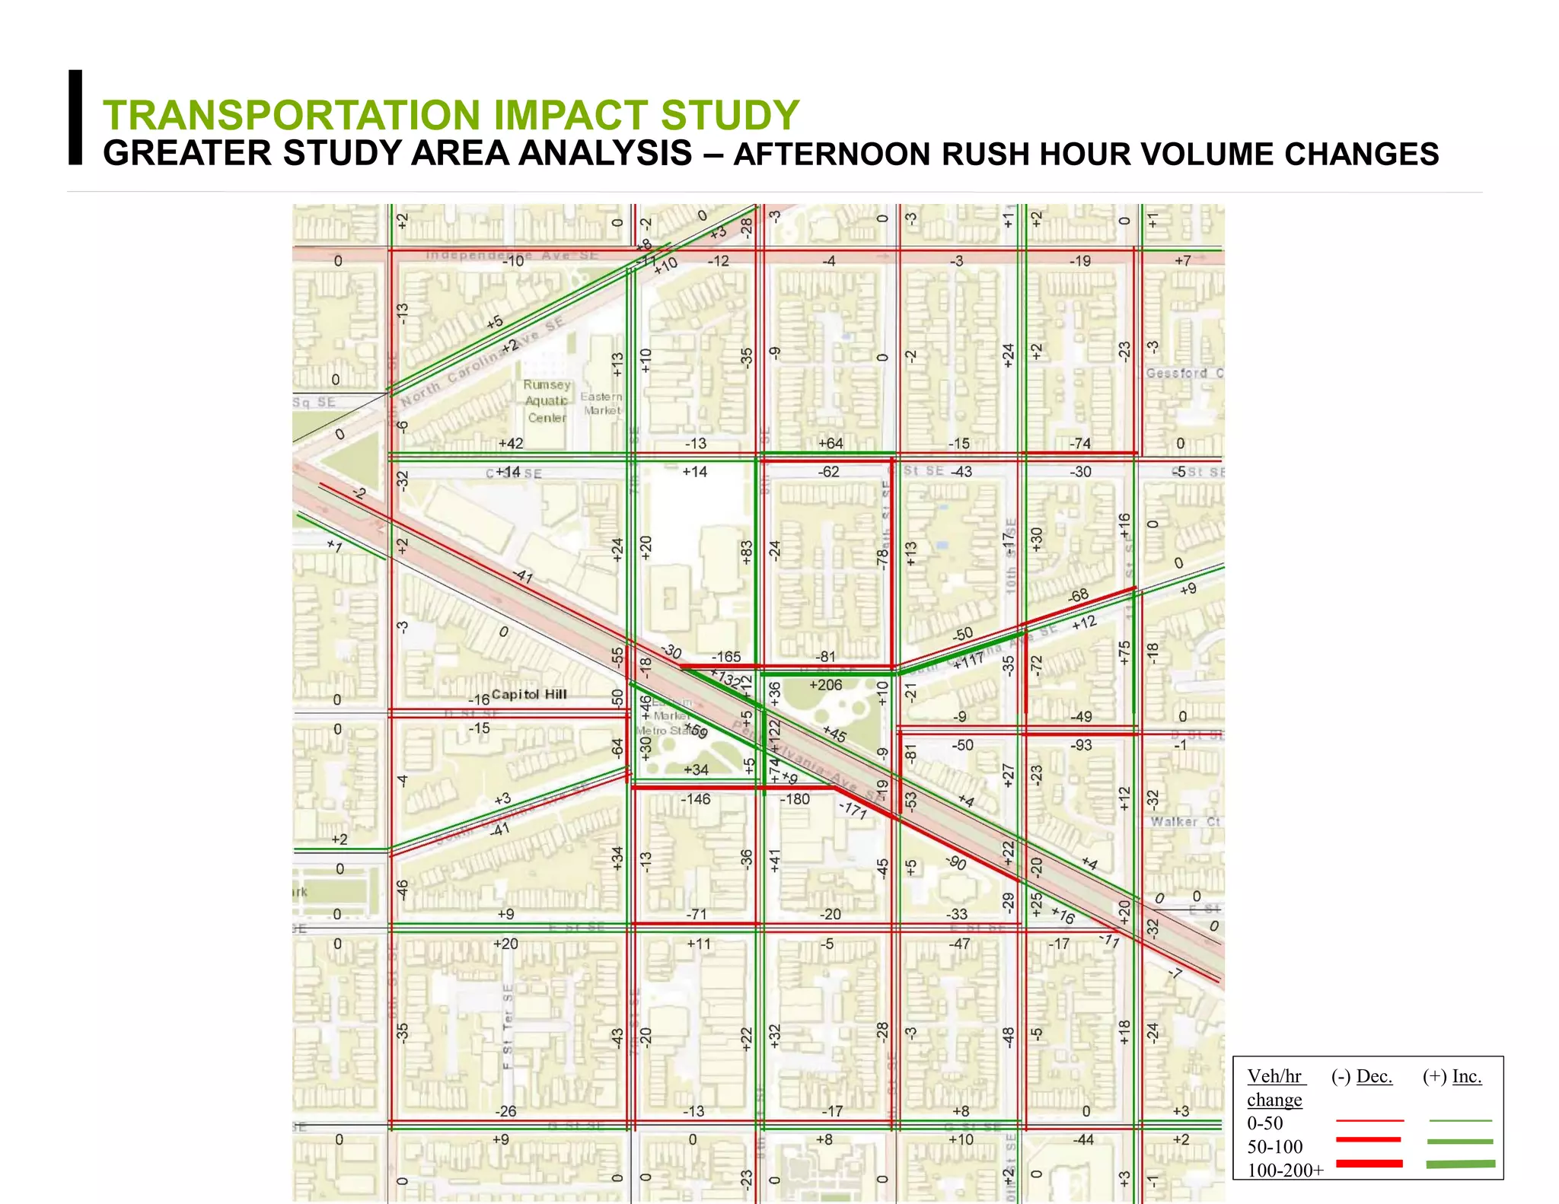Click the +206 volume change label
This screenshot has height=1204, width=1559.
coord(825,685)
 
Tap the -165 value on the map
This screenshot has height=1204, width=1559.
coord(725,657)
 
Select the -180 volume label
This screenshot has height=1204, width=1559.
coord(795,799)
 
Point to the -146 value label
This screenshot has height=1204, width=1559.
coord(695,799)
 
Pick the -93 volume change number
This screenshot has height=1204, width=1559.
coord(1081,745)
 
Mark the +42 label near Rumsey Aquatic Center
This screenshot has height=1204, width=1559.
coord(511,444)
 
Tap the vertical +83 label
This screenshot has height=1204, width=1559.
coord(747,552)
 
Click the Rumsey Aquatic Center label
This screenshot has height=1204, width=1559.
coord(547,401)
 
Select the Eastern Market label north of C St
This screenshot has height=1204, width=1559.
coord(601,403)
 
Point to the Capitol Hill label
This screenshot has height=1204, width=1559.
coord(529,694)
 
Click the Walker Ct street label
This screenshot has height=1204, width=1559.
coord(1185,822)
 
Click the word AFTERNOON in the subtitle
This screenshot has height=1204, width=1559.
coord(834,154)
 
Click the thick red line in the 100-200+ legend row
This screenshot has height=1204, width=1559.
coord(1369,1164)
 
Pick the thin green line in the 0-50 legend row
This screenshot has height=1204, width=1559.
coord(1460,1121)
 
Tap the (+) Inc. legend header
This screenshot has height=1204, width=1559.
coord(1452,1076)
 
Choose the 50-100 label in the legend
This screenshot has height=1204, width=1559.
coord(1274,1146)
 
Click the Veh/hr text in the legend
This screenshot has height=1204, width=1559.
coord(1275,1076)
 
